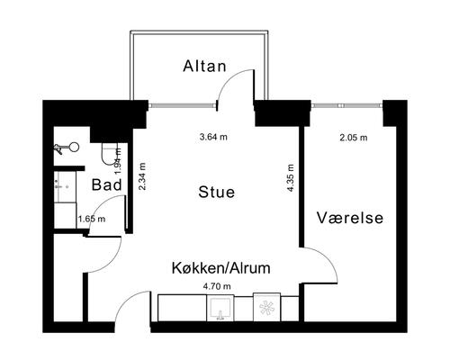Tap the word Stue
pyautogui.click(x=217, y=192)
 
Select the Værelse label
pyautogui.click(x=350, y=218)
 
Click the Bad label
pyautogui.click(x=108, y=185)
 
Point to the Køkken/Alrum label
pyautogui.click(x=221, y=267)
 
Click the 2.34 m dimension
pyautogui.click(x=141, y=175)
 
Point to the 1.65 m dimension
pyautogui.click(x=92, y=218)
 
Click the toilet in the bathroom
pyautogui.click(x=111, y=157)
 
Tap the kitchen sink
pyautogui.click(x=218, y=309)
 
